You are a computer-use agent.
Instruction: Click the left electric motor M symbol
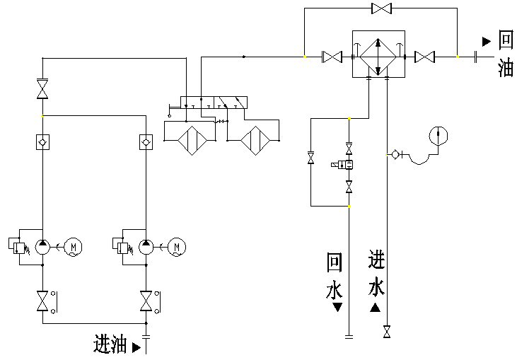pyautogui.click(x=74, y=246)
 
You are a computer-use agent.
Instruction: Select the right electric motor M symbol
pyautogui.click(x=178, y=246)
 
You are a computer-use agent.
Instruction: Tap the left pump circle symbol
pyautogui.click(x=43, y=246)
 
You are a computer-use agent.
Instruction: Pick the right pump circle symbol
pyautogui.click(x=146, y=246)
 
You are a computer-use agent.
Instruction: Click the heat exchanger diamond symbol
pyautogui.click(x=378, y=55)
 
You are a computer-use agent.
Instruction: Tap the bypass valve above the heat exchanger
pyautogui.click(x=382, y=8)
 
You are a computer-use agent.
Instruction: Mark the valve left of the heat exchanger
pyautogui.click(x=332, y=57)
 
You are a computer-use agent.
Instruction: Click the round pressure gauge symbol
pyautogui.click(x=438, y=134)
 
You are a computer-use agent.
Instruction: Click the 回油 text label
pyautogui.click(x=505, y=54)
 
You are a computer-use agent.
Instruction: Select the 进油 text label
pyautogui.click(x=110, y=345)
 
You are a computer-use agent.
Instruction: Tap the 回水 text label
pyautogui.click(x=335, y=276)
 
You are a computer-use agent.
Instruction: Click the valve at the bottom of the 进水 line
pyautogui.click(x=387, y=331)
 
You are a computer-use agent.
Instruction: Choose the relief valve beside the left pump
pyautogui.click(x=19, y=247)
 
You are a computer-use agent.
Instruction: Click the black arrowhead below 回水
pyautogui.click(x=337, y=308)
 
